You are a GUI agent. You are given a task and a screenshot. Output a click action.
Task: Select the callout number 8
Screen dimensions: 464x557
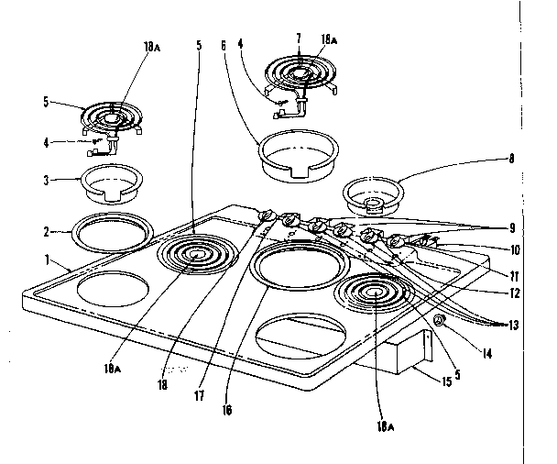512,158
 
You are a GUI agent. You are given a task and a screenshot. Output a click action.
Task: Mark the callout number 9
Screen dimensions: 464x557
513,227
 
